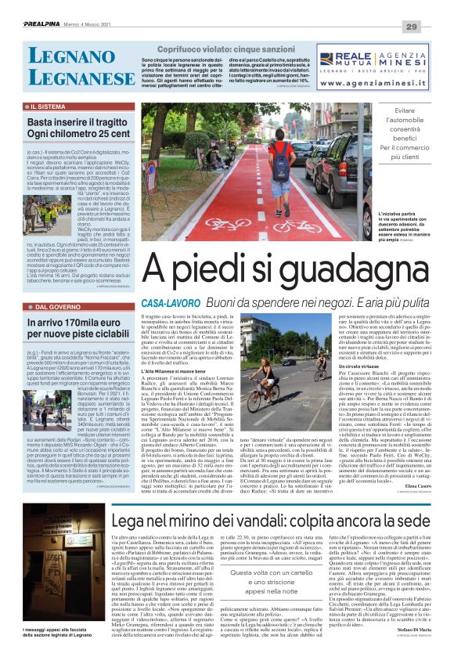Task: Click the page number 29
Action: [434, 27]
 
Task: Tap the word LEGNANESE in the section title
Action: [69, 78]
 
